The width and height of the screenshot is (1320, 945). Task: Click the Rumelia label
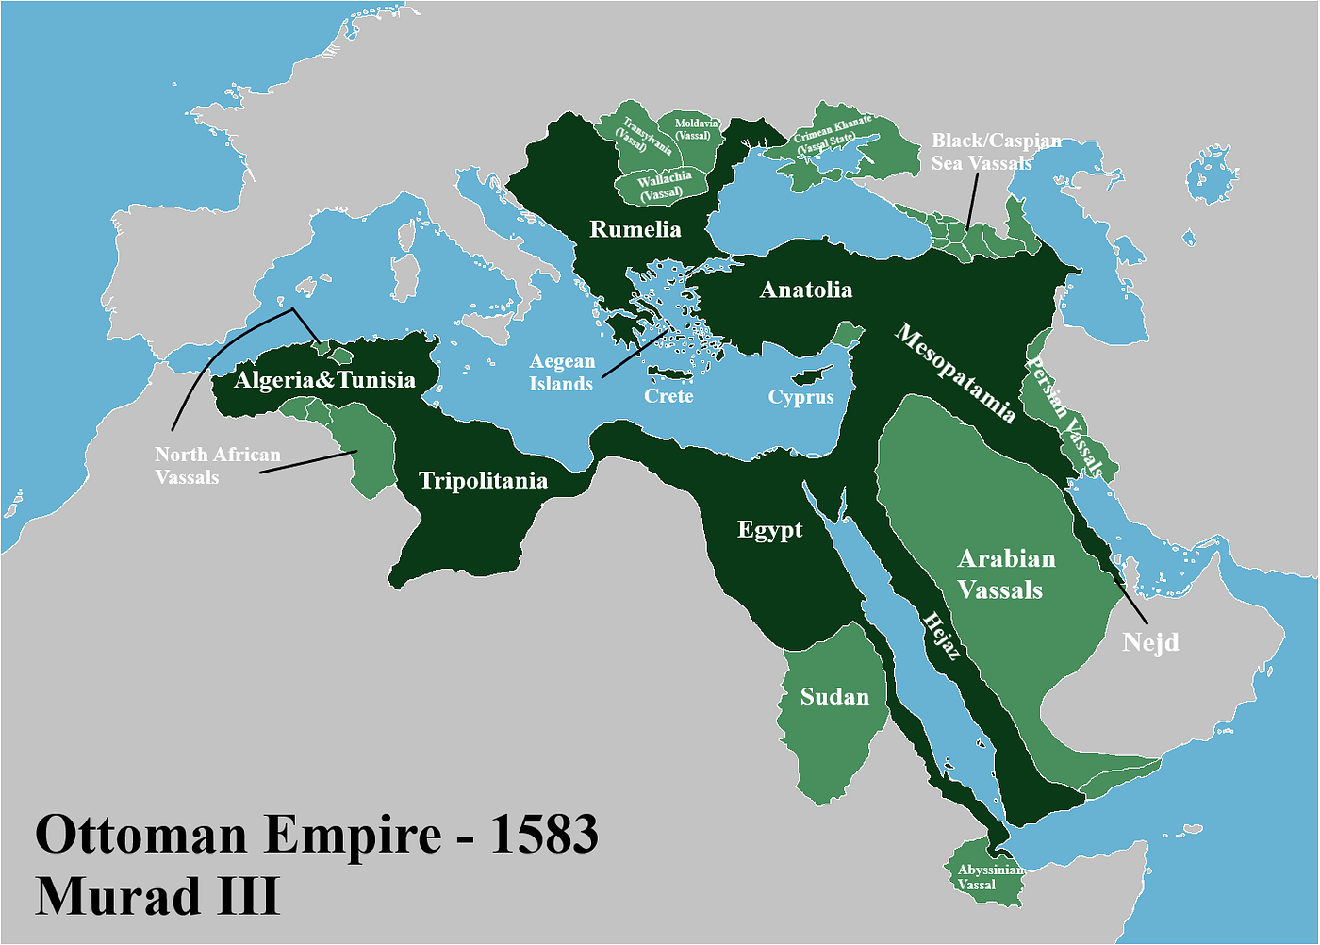[635, 229]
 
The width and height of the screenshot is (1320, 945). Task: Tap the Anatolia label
[806, 290]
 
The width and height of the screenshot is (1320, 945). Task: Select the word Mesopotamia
[955, 373]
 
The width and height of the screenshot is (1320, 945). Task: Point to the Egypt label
[769, 530]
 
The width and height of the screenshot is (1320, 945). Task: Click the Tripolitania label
[483, 481]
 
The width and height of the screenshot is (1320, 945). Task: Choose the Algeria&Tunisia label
[324, 380]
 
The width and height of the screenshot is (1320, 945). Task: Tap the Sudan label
[834, 697]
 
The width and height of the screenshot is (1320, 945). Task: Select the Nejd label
[1150, 643]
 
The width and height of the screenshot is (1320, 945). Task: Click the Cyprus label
[800, 397]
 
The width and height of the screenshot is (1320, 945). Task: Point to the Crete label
[668, 396]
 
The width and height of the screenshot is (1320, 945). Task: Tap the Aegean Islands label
[562, 373]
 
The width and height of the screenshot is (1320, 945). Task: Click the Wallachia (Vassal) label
[663, 186]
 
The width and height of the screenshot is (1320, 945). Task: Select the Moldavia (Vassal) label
[695, 129]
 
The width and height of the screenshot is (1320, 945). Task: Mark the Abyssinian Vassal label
[989, 877]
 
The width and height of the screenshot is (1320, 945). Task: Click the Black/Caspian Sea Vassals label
[995, 152]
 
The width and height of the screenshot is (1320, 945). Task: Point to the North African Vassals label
[217, 466]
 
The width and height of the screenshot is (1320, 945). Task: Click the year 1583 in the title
[543, 835]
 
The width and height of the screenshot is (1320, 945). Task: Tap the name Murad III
[157, 896]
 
